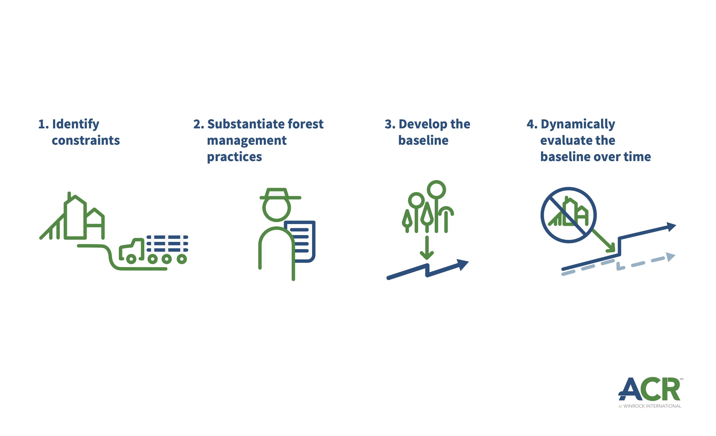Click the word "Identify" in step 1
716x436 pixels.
(76, 124)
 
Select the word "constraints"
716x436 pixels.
(86, 140)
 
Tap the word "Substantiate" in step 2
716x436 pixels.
(246, 124)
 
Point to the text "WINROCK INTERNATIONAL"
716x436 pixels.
(652, 406)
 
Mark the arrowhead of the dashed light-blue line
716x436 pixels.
(670, 257)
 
